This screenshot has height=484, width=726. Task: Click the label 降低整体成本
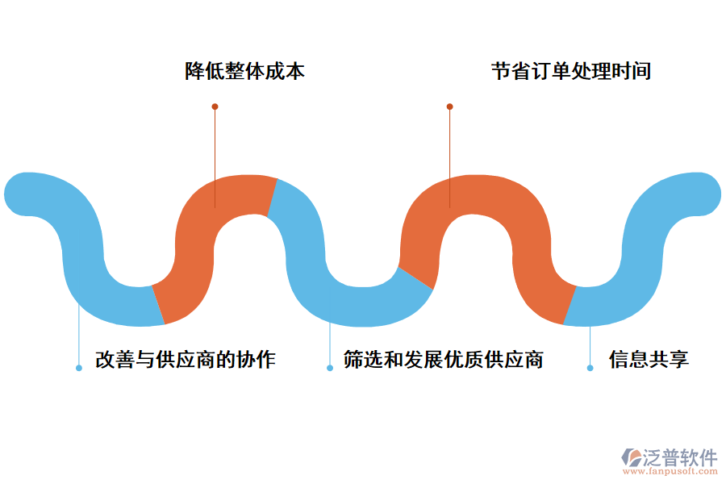point(244,72)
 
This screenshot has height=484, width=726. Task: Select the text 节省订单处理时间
point(570,72)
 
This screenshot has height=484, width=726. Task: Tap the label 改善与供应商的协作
point(186,360)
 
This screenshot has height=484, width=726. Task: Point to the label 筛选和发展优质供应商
point(443,360)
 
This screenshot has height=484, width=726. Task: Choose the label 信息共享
point(649,360)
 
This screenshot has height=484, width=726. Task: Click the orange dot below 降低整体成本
point(215,106)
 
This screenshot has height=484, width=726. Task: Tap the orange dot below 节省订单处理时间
point(450,106)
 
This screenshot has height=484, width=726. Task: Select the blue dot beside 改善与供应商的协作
point(79,368)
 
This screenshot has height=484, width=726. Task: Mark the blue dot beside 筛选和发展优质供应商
point(330,368)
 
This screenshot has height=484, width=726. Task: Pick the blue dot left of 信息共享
point(590,368)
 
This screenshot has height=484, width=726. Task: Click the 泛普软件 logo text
point(679,458)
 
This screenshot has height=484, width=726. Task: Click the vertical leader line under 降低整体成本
point(215,153)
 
